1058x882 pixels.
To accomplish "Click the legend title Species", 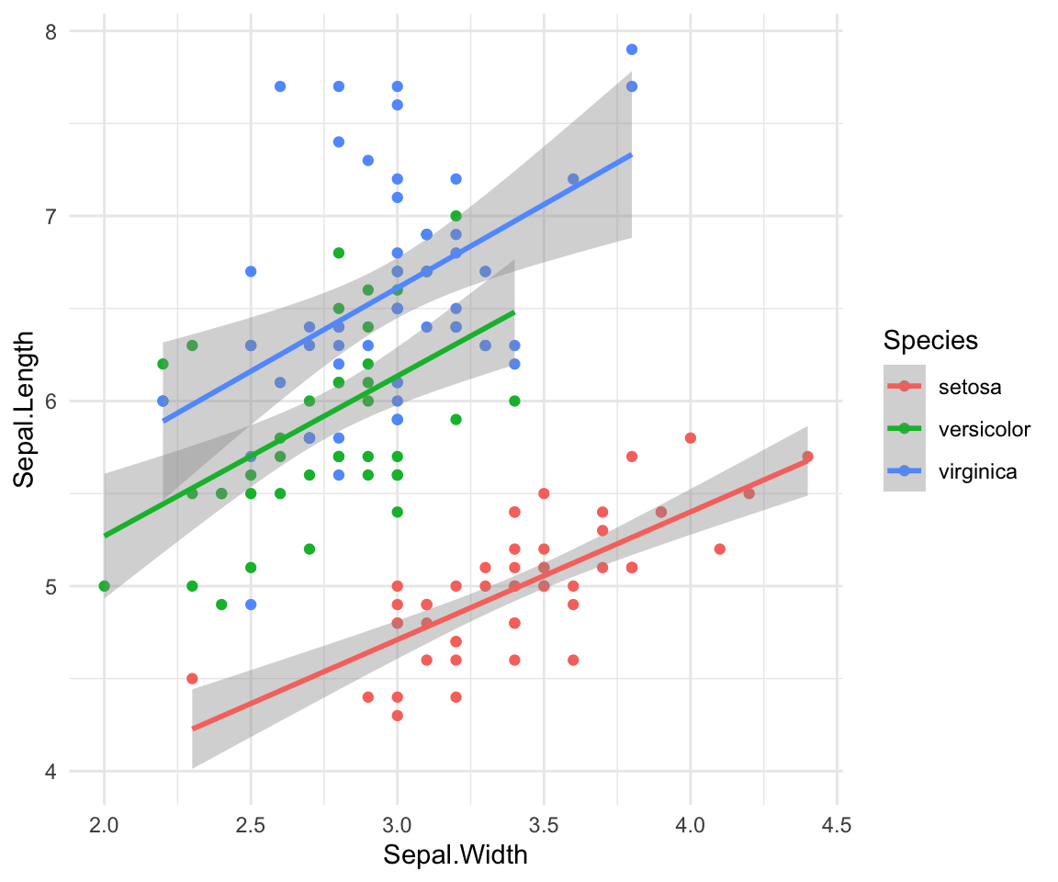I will pyautogui.click(x=929, y=341).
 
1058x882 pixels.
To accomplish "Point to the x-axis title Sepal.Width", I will pyautogui.click(x=456, y=855).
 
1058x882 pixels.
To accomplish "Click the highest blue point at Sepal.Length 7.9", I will pyautogui.click(x=632, y=50).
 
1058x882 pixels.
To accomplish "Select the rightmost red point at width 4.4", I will pyautogui.click(x=807, y=457).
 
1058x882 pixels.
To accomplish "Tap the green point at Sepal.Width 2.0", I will pyautogui.click(x=104, y=586).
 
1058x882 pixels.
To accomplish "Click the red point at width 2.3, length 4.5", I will pyautogui.click(x=192, y=679).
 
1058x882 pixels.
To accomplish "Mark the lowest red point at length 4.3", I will pyautogui.click(x=397, y=716).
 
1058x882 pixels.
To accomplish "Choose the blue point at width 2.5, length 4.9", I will pyautogui.click(x=251, y=605).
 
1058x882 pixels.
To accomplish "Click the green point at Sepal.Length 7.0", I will pyautogui.click(x=456, y=216).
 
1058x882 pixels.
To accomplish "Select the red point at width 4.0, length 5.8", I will pyautogui.click(x=691, y=438).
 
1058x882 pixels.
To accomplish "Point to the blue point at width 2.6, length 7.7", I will pyautogui.click(x=280, y=86).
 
